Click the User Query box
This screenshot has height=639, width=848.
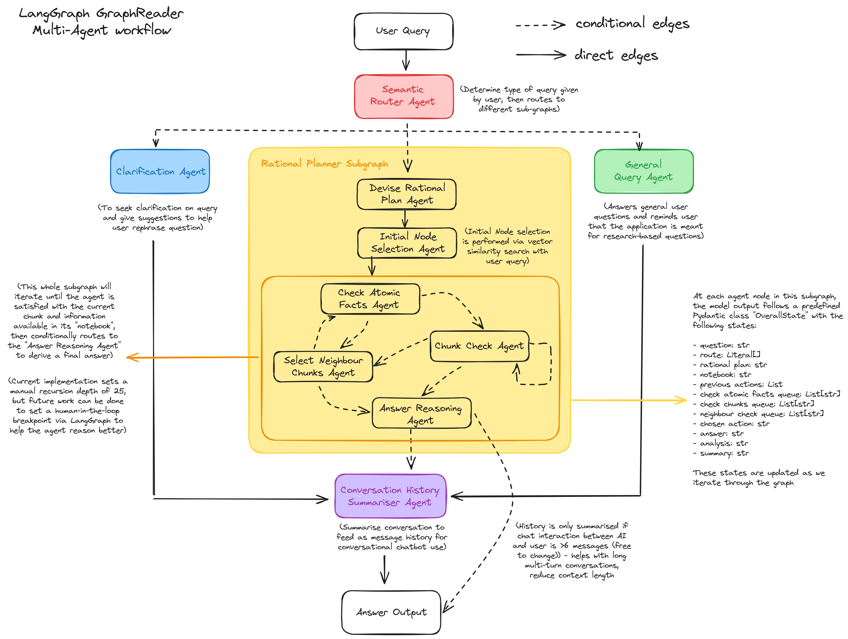(403, 31)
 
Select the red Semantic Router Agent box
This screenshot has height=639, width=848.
(403, 96)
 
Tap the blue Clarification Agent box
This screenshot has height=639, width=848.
(160, 172)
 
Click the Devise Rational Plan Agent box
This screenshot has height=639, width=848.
(406, 194)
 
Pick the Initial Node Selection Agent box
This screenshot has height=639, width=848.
(407, 243)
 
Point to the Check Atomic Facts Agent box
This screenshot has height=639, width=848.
(370, 299)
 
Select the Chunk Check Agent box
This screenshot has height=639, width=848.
(479, 346)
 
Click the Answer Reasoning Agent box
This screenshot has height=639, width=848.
(421, 413)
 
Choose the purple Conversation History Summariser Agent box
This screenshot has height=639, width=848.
(390, 496)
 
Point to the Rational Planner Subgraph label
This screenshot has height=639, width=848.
(324, 164)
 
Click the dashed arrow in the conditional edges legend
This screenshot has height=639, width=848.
(540, 25)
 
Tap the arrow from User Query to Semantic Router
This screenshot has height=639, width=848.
(406, 61)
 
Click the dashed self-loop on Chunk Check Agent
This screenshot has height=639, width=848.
(551, 364)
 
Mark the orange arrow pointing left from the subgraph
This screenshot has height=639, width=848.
(192, 358)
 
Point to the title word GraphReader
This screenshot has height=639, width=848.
(140, 14)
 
